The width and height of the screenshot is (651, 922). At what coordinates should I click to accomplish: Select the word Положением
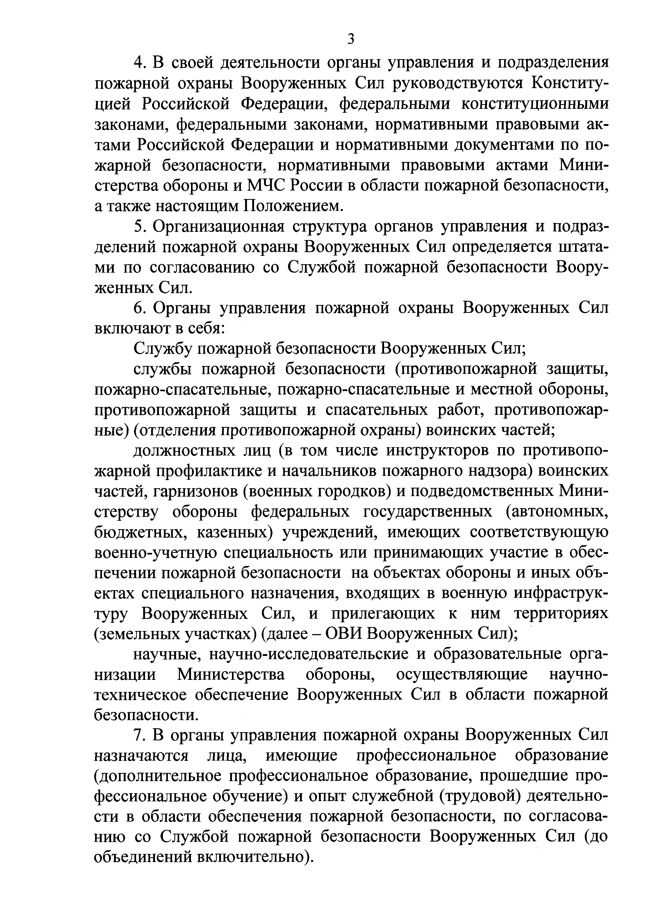[293, 206]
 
